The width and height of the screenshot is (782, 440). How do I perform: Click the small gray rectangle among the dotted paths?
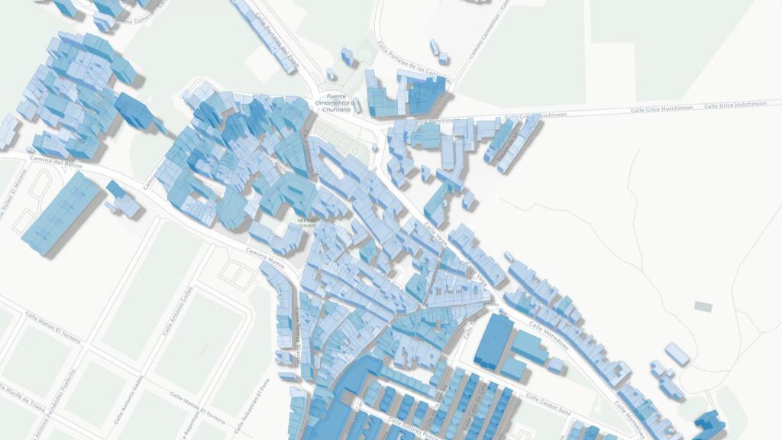point(703,306)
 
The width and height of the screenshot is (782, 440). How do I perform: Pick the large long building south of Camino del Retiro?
point(61,213)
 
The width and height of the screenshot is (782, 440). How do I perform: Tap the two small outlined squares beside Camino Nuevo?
point(235,274)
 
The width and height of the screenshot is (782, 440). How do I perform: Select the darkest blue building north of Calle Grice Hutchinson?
point(425,96)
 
